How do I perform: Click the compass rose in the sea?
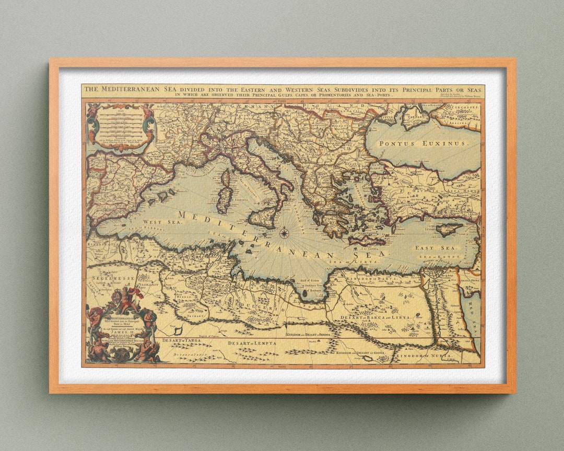pos(285,233)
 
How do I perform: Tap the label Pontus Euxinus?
pos(422,143)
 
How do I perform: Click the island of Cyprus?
pos(449,229)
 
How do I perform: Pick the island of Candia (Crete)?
pos(367,241)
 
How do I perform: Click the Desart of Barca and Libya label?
pos(375,317)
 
